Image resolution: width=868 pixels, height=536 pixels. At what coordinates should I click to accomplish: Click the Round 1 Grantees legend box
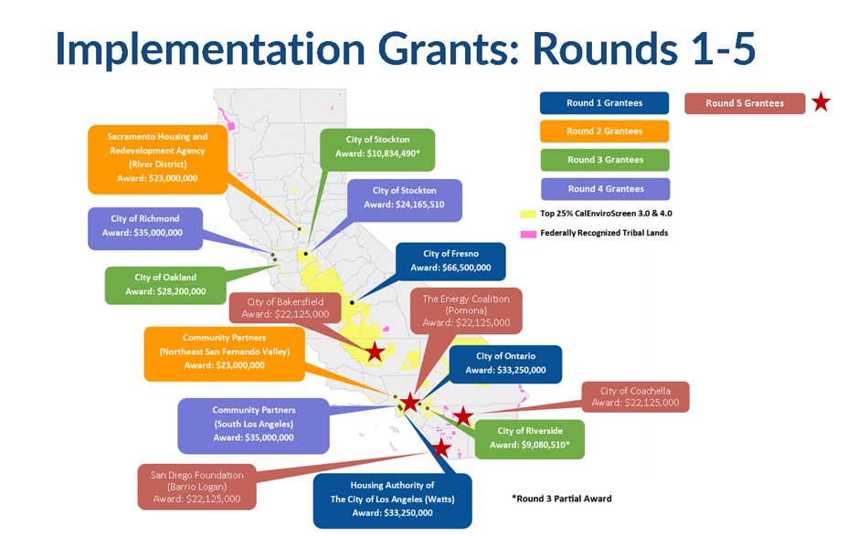(x=604, y=103)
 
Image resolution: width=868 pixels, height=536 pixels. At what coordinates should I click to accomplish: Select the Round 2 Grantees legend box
(x=604, y=131)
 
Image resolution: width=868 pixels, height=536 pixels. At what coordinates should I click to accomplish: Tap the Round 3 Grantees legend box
(x=605, y=160)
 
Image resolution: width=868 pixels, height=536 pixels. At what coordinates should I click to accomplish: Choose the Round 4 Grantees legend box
(x=605, y=189)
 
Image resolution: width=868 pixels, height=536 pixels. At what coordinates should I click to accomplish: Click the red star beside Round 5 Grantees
(x=821, y=102)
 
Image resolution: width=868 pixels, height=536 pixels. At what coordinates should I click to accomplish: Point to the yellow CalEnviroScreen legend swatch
(x=527, y=214)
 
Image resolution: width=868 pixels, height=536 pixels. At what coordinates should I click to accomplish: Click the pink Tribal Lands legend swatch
(x=527, y=234)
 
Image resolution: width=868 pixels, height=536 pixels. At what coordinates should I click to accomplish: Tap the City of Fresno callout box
(x=450, y=261)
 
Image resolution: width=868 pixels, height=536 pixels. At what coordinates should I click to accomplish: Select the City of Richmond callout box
(x=145, y=228)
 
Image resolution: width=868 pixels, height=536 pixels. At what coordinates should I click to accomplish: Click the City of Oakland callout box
(x=165, y=285)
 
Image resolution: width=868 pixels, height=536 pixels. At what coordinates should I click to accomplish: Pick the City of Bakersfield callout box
(x=285, y=308)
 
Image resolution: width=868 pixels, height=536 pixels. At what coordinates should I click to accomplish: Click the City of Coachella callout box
(x=635, y=396)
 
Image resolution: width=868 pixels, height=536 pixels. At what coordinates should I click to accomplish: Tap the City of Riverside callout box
(x=529, y=438)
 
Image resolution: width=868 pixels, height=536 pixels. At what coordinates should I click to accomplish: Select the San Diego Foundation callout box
(x=196, y=487)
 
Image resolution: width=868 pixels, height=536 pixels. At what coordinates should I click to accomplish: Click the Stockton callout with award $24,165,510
(x=404, y=200)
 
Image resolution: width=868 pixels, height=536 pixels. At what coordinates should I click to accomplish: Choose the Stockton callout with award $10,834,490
(x=377, y=150)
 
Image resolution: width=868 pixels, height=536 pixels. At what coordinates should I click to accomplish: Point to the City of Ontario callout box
(x=505, y=364)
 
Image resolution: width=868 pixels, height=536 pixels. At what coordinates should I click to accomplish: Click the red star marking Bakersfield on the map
(x=375, y=352)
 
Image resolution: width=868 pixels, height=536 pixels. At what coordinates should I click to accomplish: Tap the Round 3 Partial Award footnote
(x=562, y=499)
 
